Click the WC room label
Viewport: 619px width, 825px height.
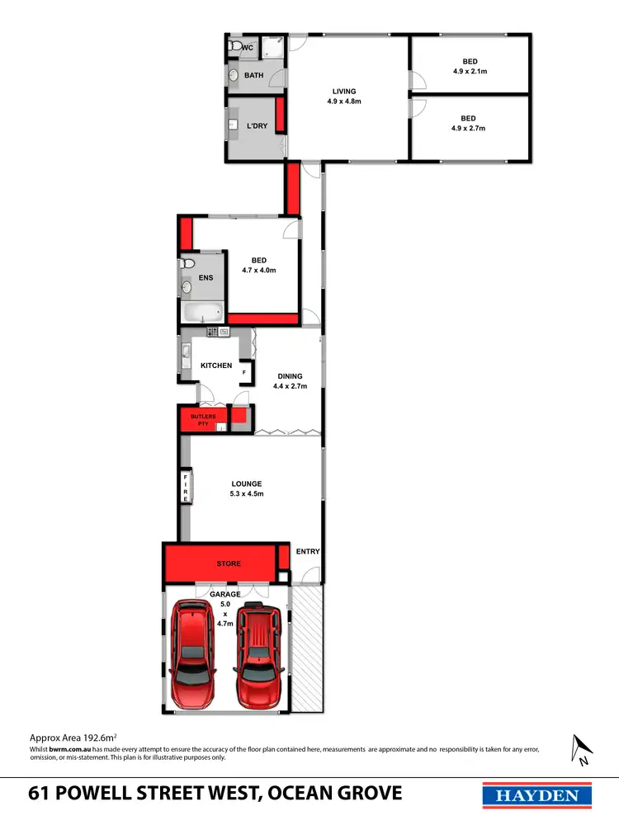(246, 48)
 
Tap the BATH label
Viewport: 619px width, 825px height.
(253, 76)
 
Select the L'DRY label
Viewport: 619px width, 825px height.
(257, 126)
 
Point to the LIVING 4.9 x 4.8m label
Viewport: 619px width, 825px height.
(344, 96)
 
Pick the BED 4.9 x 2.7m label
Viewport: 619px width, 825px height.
(469, 123)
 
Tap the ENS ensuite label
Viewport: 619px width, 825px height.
(206, 278)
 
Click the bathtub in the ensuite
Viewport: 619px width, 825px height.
(201, 313)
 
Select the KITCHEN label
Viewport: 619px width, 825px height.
(216, 365)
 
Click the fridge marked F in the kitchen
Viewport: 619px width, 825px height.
(244, 373)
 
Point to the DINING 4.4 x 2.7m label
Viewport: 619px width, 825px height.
(290, 381)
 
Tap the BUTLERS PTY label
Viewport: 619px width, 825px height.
(203, 420)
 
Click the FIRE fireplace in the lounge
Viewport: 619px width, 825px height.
(186, 488)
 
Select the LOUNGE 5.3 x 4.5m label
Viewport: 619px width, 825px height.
(247, 488)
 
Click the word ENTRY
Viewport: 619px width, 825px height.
(307, 552)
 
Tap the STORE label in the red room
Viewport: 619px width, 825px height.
(229, 563)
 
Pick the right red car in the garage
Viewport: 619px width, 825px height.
(259, 658)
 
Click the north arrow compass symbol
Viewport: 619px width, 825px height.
(581, 748)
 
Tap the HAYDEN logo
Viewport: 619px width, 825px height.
(536, 795)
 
